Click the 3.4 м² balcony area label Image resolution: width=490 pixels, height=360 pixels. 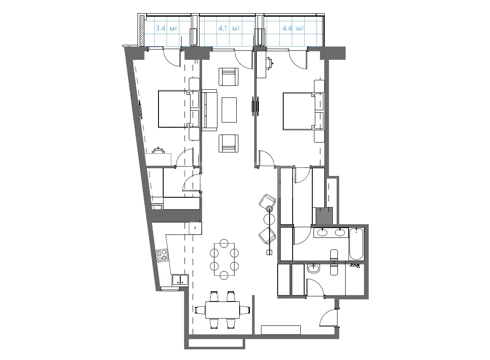click(x=167, y=29)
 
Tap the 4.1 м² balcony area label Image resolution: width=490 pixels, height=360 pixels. click(x=229, y=29)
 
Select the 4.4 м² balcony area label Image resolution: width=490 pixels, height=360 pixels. click(x=293, y=29)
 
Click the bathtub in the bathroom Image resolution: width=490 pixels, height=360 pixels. click(x=356, y=244)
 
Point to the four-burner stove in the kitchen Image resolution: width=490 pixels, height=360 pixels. click(x=162, y=255)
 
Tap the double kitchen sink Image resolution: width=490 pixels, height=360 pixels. click(x=180, y=280)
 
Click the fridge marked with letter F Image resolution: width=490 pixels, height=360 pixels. click(x=196, y=228)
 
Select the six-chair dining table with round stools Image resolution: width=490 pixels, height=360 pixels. click(x=224, y=259)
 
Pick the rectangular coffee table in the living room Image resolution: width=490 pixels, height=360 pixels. click(x=229, y=110)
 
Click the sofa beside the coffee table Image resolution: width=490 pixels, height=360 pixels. click(x=209, y=110)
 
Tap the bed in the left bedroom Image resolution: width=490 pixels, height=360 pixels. click(x=174, y=109)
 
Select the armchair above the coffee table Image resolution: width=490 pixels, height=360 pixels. click(x=229, y=77)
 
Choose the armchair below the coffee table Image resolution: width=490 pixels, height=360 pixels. click(x=229, y=143)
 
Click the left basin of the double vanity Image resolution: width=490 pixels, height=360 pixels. click(x=322, y=232)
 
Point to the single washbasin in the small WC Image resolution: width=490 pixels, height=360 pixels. click(x=313, y=268)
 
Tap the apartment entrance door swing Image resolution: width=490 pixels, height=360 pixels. click(x=328, y=318)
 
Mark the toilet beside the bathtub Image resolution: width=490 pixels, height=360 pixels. click(x=334, y=255)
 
